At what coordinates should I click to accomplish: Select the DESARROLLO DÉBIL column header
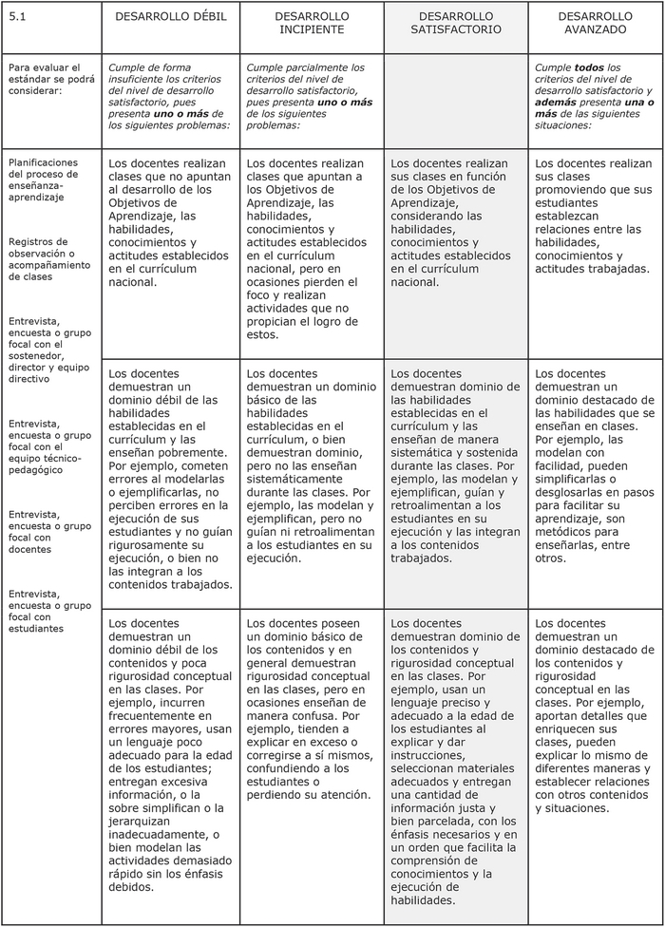[171, 17]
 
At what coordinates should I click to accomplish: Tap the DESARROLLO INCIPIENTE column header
[312, 23]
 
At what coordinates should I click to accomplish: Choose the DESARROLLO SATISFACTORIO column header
[456, 23]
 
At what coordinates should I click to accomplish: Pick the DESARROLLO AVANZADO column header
[595, 23]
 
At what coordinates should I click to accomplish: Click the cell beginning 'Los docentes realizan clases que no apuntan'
[169, 222]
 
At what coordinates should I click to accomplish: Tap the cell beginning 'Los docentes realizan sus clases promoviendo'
[594, 216]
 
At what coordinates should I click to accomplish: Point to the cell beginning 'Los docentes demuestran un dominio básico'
[311, 465]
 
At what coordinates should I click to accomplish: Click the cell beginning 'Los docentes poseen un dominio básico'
[311, 709]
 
